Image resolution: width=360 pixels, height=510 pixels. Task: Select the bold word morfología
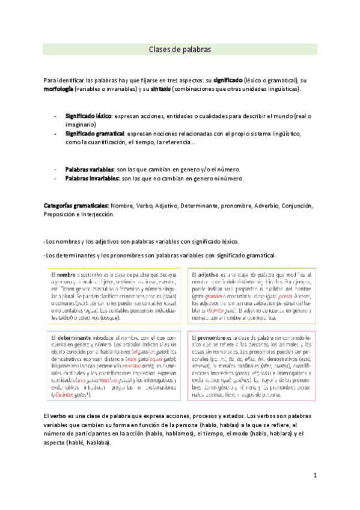click(x=59, y=88)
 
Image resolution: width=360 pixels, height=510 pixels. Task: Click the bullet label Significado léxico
click(x=88, y=115)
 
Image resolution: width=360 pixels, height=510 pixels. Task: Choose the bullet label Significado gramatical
click(x=94, y=133)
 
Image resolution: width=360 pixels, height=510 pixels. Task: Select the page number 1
click(x=314, y=475)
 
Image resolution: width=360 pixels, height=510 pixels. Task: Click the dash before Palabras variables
click(x=56, y=170)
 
